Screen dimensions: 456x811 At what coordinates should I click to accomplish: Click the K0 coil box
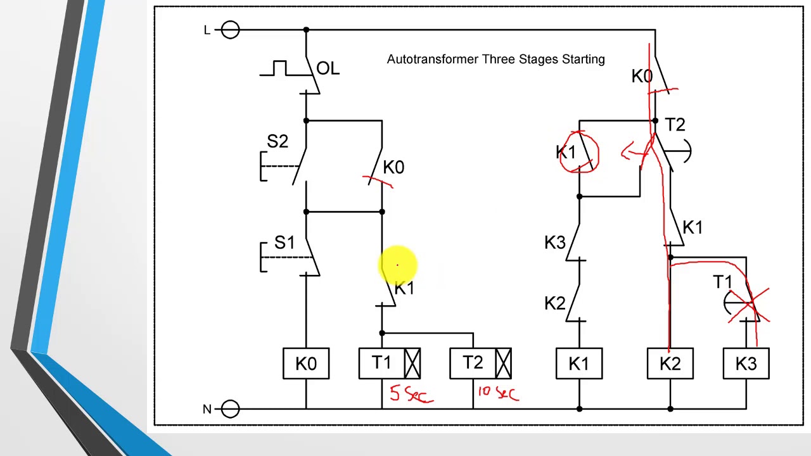[x=306, y=364]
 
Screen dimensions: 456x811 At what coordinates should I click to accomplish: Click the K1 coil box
[x=578, y=364]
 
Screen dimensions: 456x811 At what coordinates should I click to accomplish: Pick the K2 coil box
[x=670, y=364]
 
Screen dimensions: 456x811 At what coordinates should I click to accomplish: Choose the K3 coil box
[x=746, y=364]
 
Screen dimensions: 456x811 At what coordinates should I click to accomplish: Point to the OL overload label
[x=328, y=68]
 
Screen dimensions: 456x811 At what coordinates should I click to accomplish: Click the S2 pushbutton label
[x=277, y=142]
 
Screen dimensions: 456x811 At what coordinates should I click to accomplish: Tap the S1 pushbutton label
[x=284, y=243]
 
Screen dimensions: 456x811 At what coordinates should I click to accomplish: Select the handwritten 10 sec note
[x=498, y=393]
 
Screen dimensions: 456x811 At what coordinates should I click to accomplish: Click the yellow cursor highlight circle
[x=398, y=265]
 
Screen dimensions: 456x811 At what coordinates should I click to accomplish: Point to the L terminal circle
[x=231, y=30]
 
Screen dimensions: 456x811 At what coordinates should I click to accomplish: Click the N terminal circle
[x=231, y=409]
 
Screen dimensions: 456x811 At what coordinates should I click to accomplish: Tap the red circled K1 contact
[x=579, y=152]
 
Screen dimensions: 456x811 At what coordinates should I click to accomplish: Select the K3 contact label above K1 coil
[x=554, y=243]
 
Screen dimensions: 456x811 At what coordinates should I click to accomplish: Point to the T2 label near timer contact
[x=675, y=125]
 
